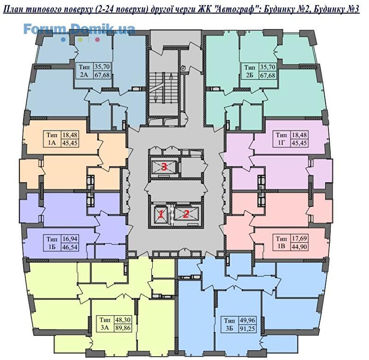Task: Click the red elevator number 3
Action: [x=164, y=167]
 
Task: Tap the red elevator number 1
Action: [x=161, y=214]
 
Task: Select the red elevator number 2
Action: [x=186, y=214]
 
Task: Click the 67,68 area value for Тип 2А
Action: [x=102, y=76]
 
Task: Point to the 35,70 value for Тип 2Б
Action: [x=268, y=67]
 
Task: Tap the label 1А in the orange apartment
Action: [x=52, y=143]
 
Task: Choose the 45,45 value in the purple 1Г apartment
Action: [x=299, y=143]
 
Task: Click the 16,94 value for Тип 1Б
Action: [x=70, y=239]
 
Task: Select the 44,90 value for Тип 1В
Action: [x=299, y=247]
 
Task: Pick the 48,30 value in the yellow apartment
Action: [x=123, y=320]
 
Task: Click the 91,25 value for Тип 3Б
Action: [x=247, y=329]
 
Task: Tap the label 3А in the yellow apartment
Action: [x=105, y=328]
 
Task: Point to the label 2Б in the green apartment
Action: [x=250, y=76]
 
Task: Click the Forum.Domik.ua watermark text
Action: [x=79, y=29]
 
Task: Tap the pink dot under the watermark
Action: [x=97, y=40]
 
